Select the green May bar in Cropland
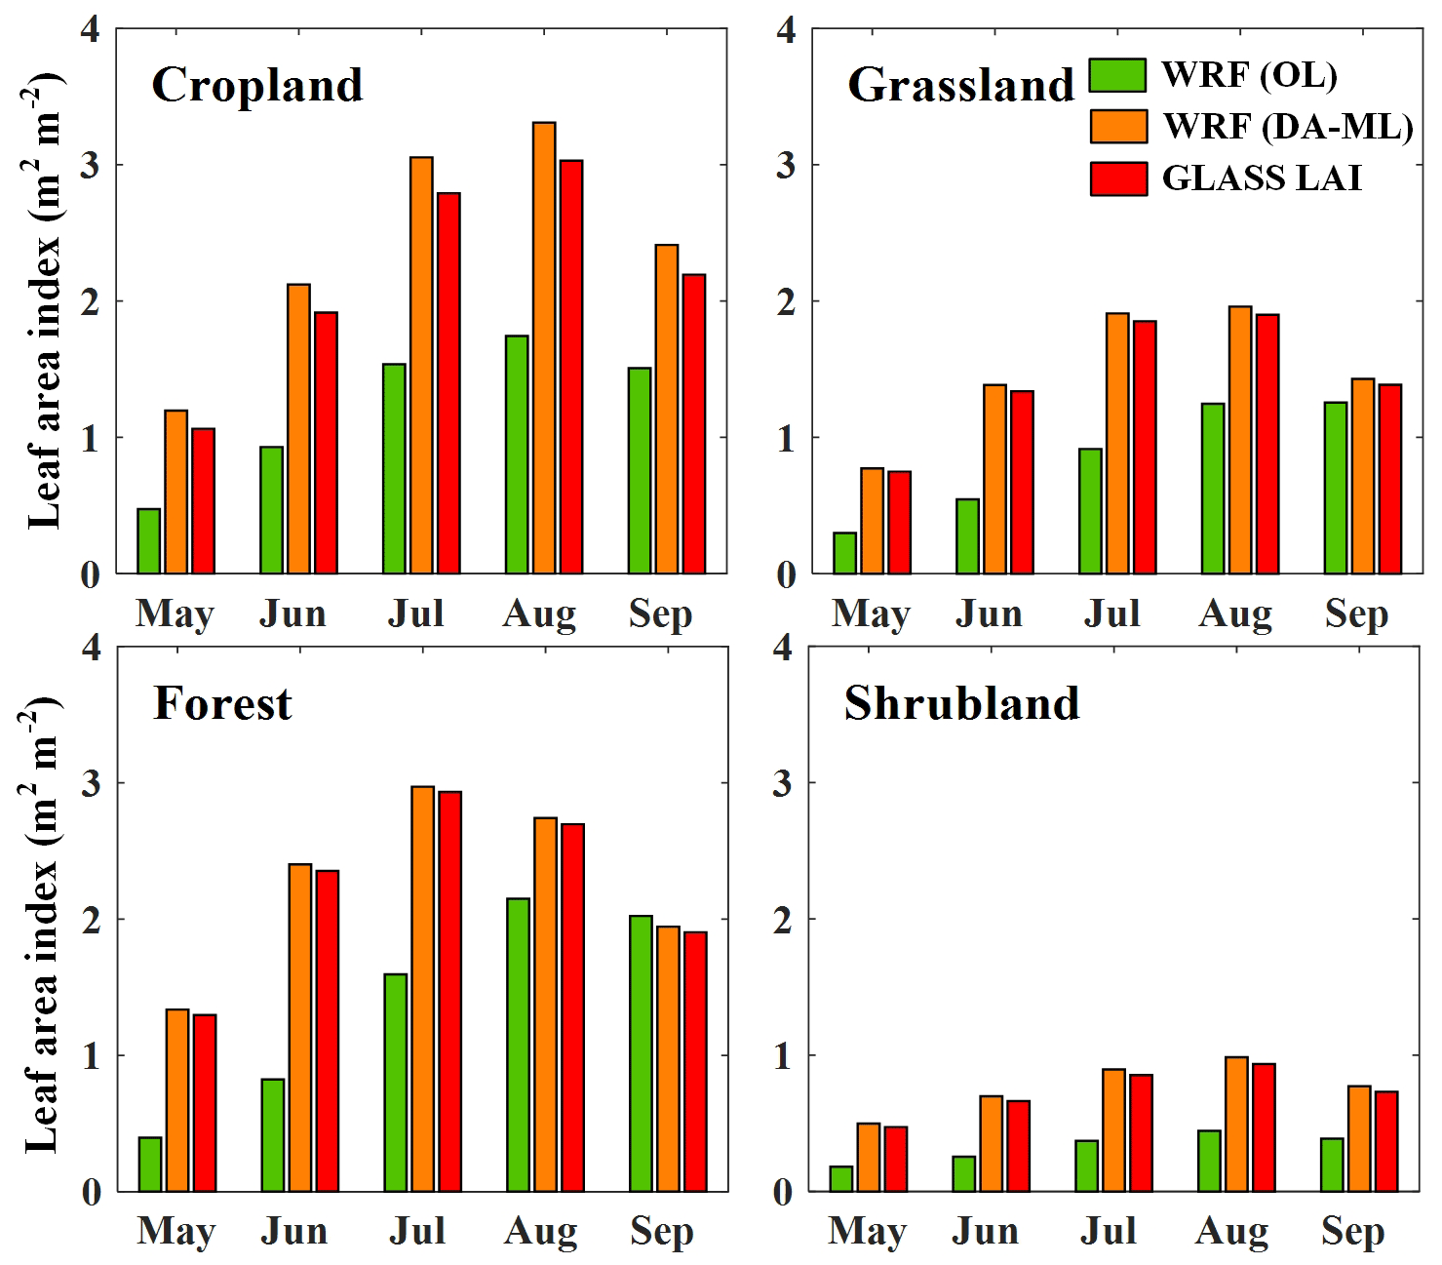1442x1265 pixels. [x=148, y=540]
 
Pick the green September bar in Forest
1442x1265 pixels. [x=641, y=1053]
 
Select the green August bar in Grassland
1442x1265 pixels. [x=1213, y=488]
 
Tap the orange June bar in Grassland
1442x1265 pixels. [x=994, y=479]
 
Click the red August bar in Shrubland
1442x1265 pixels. [x=1264, y=1127]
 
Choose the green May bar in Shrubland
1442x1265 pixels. [x=840, y=1178]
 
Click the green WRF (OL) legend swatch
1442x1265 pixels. [x=1117, y=75]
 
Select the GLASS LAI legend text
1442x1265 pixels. [x=1262, y=178]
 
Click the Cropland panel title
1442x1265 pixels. [x=257, y=86]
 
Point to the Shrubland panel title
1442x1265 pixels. [x=961, y=703]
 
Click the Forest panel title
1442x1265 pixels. [x=222, y=703]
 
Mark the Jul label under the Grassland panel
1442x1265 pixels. [x=1111, y=613]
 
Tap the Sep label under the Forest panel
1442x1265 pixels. [x=661, y=1231]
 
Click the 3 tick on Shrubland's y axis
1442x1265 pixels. [x=783, y=783]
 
